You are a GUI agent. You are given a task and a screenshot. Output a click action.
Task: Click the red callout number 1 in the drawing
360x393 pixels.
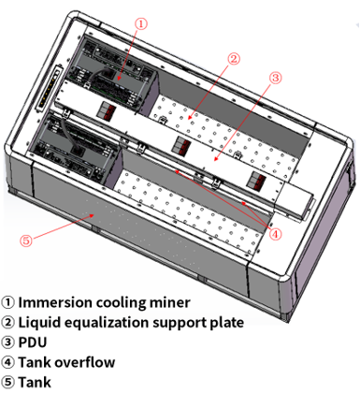click(x=141, y=23)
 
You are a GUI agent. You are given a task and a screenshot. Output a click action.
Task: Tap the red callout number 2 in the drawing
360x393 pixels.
click(x=234, y=59)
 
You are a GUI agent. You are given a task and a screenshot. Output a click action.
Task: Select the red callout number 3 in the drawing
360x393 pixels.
click(x=275, y=78)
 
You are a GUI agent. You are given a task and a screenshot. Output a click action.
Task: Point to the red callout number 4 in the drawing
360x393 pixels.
click(x=275, y=233)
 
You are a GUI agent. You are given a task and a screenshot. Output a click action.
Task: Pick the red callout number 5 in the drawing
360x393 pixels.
click(x=26, y=240)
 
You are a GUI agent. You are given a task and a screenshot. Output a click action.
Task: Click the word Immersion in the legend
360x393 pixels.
click(x=55, y=302)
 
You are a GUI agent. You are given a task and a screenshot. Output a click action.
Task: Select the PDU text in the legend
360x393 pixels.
click(x=33, y=342)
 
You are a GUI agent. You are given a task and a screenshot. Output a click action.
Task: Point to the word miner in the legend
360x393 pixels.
click(x=170, y=302)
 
